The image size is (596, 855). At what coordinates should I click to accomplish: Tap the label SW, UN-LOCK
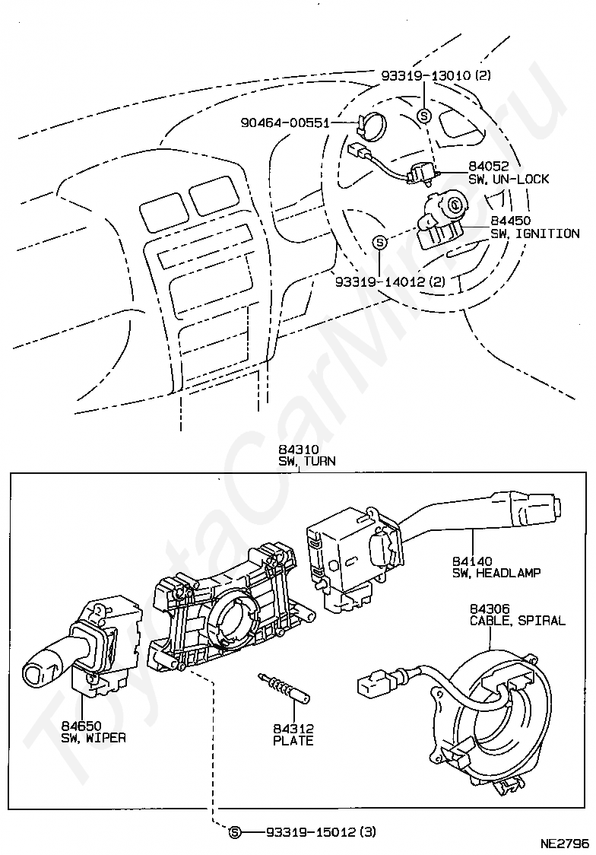[509, 179]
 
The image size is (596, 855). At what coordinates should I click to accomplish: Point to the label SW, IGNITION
[534, 234]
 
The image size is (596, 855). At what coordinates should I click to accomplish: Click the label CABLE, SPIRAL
[517, 621]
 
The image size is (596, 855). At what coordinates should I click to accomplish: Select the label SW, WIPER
[94, 738]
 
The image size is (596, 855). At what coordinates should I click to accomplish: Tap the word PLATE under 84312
[293, 740]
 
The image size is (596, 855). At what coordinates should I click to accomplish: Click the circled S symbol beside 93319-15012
[235, 831]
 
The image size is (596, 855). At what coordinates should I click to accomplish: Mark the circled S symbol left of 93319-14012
[380, 243]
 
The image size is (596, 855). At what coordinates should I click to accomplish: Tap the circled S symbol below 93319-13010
[424, 116]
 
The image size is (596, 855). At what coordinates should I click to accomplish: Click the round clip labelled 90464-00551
[371, 124]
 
